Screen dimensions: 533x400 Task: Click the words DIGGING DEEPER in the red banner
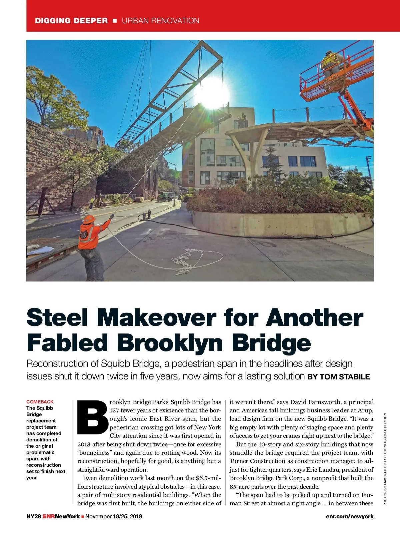71,21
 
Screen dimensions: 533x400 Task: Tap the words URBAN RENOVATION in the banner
160,21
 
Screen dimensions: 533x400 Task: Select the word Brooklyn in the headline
170,343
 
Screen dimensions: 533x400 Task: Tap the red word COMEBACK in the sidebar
40,402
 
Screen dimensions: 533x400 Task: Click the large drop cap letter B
92,417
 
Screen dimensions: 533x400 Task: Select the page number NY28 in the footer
34,516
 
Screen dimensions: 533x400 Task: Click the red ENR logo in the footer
49,516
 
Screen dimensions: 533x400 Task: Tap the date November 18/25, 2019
114,516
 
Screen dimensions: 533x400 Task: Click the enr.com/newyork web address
350,516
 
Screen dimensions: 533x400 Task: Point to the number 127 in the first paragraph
114,410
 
